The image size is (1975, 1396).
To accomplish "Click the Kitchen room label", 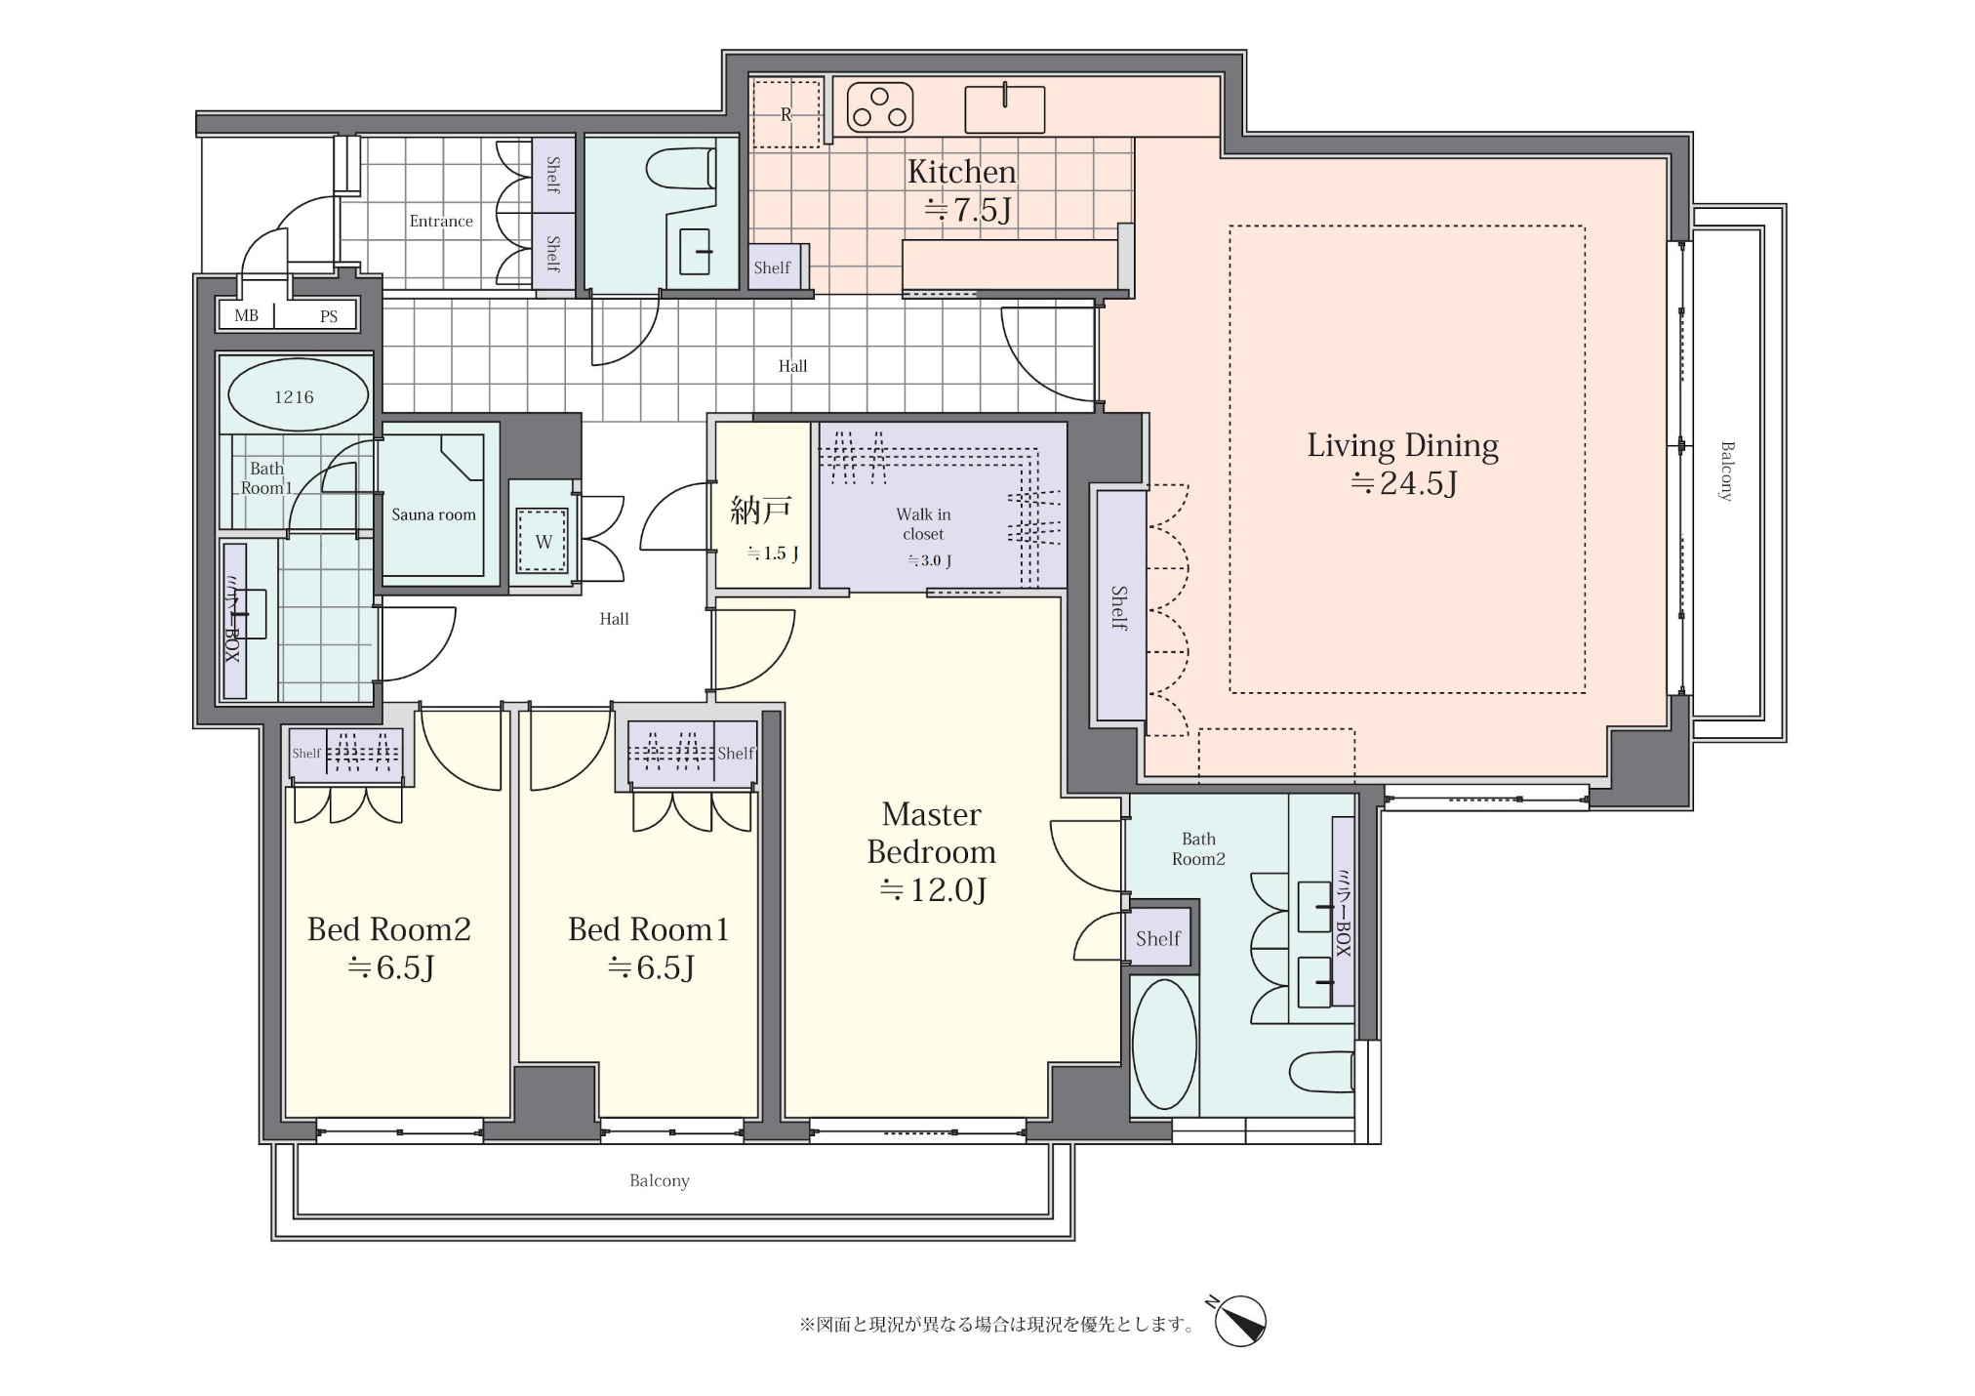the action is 962,172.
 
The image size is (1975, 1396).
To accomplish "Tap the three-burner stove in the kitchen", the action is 880,107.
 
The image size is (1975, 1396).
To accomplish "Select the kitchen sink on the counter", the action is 1004,109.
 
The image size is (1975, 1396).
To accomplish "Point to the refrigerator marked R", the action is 786,114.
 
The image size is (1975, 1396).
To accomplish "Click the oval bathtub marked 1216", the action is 298,395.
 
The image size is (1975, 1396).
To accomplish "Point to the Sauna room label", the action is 433,514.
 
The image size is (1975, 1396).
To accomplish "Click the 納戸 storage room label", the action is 761,510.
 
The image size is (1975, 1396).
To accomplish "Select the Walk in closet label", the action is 923,524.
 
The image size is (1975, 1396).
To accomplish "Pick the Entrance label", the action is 441,222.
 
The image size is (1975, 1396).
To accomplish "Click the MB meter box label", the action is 246,316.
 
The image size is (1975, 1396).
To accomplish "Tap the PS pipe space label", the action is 329,316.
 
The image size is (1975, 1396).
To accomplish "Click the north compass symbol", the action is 1240,1322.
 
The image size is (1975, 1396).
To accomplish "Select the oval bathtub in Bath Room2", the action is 1164,1045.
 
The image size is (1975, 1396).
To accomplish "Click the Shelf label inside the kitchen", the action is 772,267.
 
